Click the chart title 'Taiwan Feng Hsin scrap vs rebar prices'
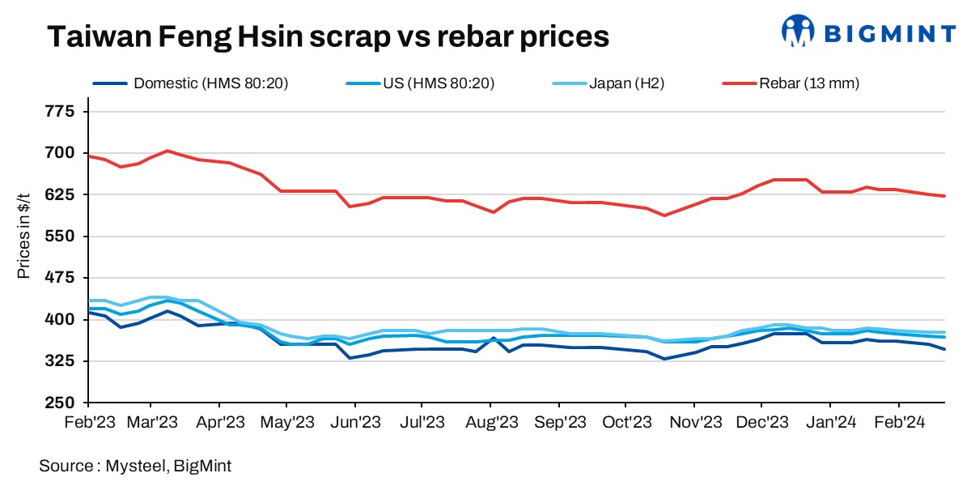point(327,36)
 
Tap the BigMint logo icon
point(797,32)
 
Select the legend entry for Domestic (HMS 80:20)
point(191,83)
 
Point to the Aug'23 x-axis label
point(493,422)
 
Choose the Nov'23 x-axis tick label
point(694,422)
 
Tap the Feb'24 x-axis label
point(899,422)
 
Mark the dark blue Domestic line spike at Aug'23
point(493,338)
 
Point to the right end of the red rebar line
point(944,195)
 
